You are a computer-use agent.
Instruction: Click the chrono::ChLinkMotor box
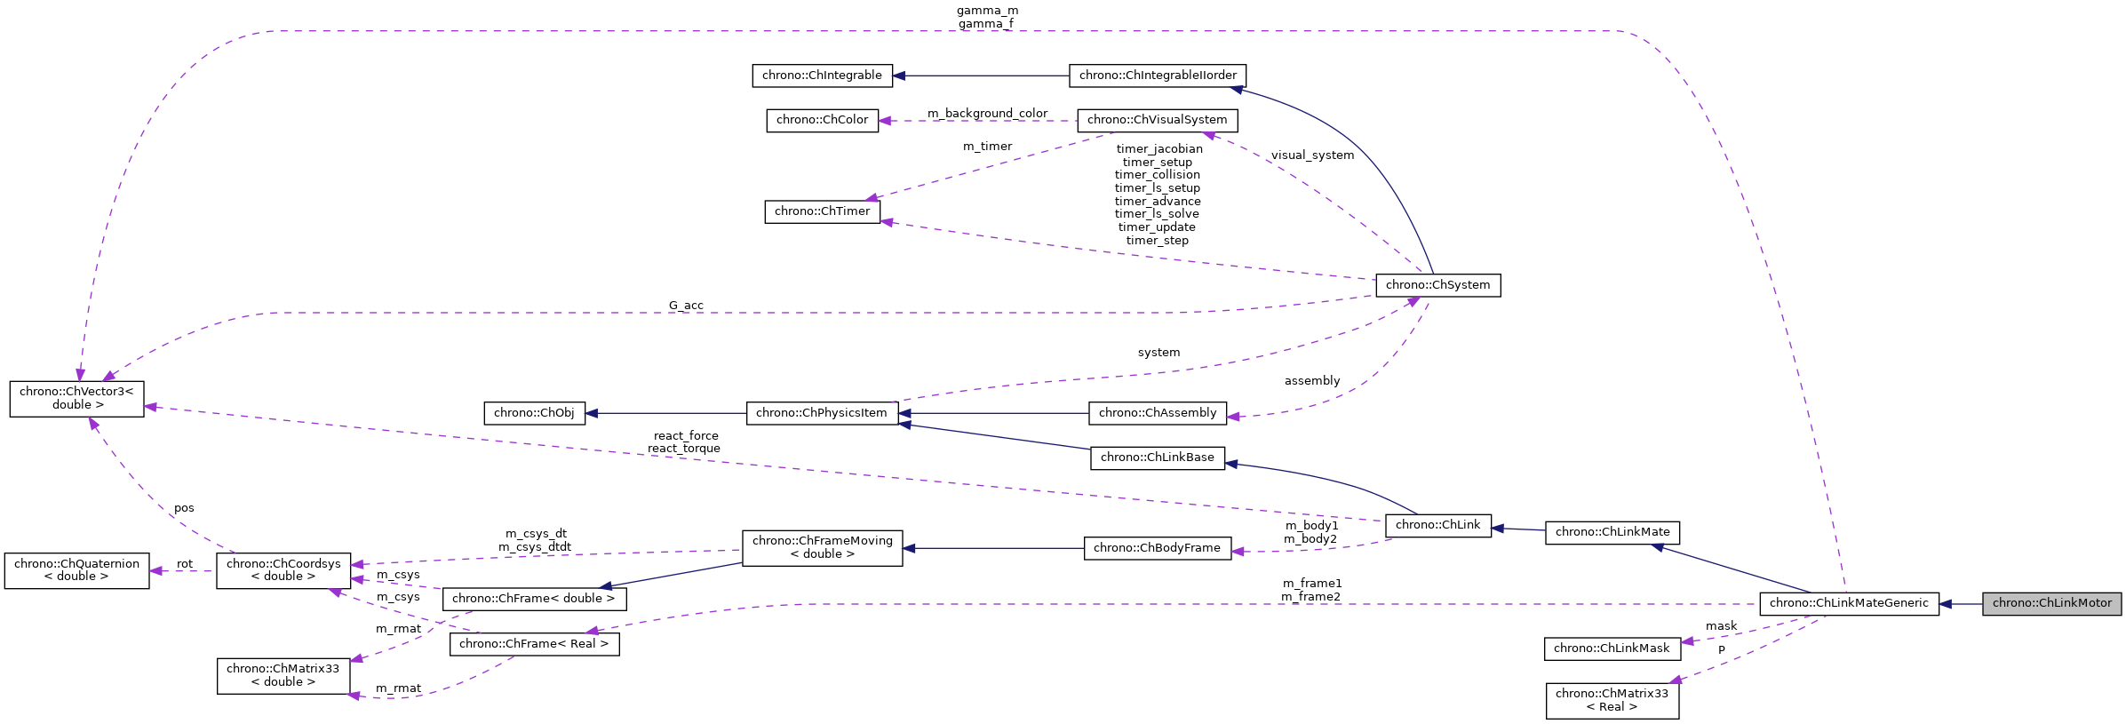click(2051, 603)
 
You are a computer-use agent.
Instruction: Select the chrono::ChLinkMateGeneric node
click(1848, 603)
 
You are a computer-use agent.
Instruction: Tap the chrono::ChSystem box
click(1437, 285)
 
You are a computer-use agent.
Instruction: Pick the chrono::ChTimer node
click(822, 211)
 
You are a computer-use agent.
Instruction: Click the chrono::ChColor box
click(822, 120)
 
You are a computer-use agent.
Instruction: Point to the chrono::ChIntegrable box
click(822, 76)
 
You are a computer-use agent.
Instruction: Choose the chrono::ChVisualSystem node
click(1157, 120)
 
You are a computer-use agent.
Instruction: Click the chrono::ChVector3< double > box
click(76, 398)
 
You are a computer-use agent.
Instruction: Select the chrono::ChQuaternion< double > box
click(76, 570)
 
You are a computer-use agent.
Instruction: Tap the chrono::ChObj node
click(534, 413)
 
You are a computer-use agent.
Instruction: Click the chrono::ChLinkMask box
click(1612, 648)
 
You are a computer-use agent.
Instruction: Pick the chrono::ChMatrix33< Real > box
click(1612, 700)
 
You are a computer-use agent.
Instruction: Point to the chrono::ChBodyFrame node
click(1157, 548)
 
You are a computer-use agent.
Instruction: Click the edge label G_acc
click(686, 306)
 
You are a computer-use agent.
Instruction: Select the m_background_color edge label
click(987, 114)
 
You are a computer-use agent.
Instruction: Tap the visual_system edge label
click(1312, 155)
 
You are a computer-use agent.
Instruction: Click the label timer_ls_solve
click(1157, 214)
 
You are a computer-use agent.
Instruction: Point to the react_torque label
click(683, 449)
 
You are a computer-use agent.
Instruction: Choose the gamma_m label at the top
click(987, 11)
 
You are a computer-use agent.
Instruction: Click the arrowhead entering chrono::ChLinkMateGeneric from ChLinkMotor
click(1946, 604)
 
